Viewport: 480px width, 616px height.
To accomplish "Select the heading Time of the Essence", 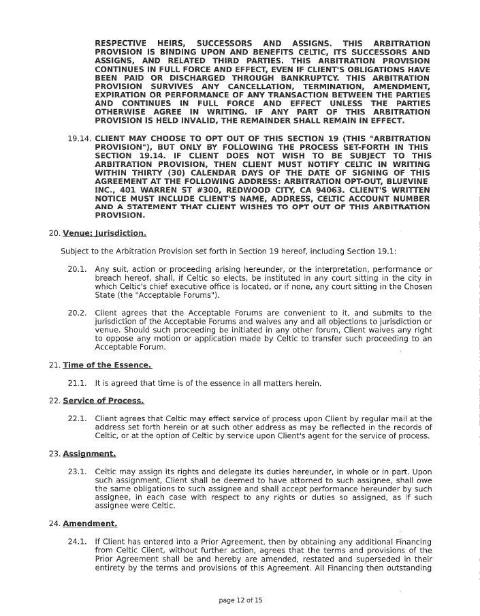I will point(107,365).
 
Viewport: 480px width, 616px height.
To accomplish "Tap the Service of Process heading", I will point(103,401).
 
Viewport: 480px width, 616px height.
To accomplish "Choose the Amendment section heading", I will point(90,524).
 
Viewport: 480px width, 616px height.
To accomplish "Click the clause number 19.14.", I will point(80,139).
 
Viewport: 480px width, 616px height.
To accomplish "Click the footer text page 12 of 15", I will point(240,600).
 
